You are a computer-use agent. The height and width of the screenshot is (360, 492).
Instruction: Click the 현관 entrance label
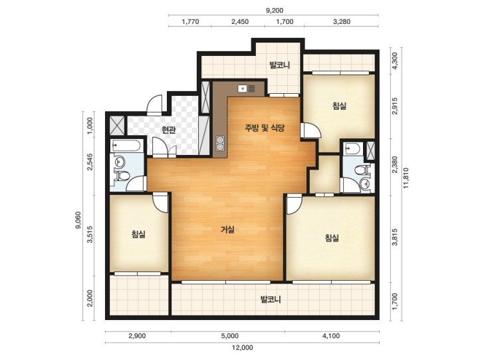tap(168, 129)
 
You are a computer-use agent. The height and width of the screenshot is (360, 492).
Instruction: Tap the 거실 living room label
tap(228, 230)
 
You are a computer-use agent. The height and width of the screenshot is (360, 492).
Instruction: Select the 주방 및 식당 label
tap(265, 128)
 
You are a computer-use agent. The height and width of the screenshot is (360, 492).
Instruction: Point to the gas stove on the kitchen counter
tap(220, 143)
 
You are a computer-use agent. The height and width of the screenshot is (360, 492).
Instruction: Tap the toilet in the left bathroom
tap(122, 176)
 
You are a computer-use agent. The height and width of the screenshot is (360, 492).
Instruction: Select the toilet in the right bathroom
tap(361, 170)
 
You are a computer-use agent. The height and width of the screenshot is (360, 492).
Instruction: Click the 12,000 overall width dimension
tap(243, 347)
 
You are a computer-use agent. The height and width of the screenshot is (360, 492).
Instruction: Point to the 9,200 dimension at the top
tap(275, 11)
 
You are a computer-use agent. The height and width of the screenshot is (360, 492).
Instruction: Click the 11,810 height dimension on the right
tap(406, 178)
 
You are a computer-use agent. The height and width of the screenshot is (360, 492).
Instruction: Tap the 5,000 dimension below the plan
tap(229, 336)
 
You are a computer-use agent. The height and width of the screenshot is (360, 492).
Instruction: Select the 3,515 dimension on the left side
tap(90, 235)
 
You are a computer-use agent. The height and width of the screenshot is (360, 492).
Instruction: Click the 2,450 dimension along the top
tap(240, 22)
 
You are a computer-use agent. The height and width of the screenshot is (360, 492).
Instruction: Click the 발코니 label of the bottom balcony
tap(271, 299)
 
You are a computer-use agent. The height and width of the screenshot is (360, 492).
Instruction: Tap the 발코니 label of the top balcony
tap(279, 65)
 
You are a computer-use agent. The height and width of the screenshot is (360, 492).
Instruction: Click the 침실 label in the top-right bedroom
tap(339, 106)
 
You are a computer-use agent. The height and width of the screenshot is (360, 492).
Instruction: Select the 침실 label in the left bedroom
tap(138, 234)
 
